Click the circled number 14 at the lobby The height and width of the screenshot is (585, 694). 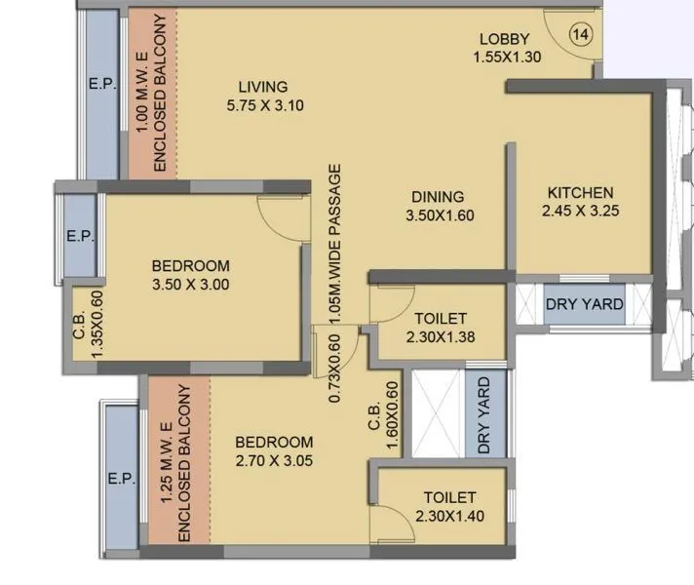point(582,35)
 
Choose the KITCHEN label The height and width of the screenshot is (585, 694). point(579,191)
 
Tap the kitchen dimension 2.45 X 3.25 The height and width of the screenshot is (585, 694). point(580,210)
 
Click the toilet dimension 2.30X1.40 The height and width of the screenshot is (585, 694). point(447,516)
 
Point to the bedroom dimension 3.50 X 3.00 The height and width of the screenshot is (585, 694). point(191,285)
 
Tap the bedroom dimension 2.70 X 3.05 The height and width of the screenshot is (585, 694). point(274,461)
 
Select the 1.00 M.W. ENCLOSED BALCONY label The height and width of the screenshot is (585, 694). point(153,94)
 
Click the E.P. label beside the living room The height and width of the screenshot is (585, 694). point(101,85)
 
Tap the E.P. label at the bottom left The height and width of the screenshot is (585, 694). point(121,479)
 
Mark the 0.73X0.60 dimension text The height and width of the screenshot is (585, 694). point(334,370)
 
